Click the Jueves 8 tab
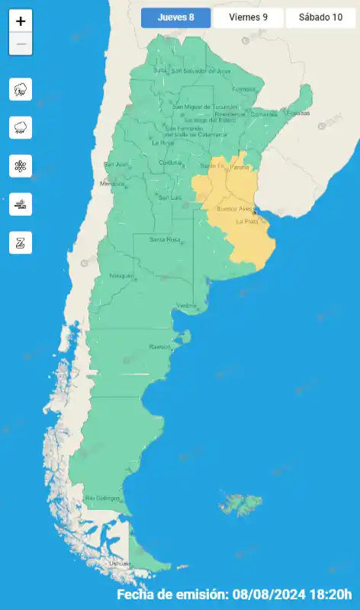click(175, 18)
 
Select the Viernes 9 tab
click(248, 18)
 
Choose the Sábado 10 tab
click(320, 18)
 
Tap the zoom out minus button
click(21, 44)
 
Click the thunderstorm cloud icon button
click(21, 89)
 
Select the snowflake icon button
click(21, 165)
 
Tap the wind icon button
click(21, 204)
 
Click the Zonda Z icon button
click(21, 242)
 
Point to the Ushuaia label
click(119, 563)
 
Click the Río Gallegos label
click(103, 498)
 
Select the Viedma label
click(186, 306)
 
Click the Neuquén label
click(122, 275)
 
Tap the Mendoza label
click(111, 184)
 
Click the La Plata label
click(246, 222)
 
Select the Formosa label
click(243, 88)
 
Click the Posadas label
click(299, 113)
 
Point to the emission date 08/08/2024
click(270, 594)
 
